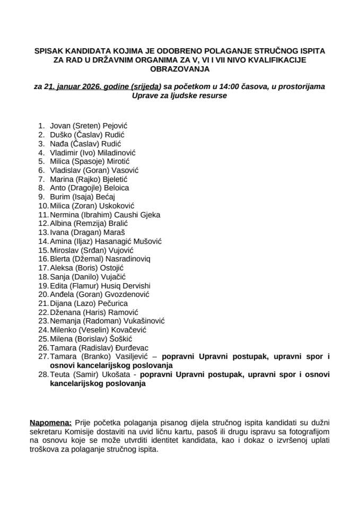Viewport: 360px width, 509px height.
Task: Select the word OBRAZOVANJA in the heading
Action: pyautogui.click(x=180, y=69)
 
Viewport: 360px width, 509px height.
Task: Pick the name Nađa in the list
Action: pyautogui.click(x=59, y=143)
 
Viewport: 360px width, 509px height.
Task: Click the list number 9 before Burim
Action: pyautogui.click(x=41, y=197)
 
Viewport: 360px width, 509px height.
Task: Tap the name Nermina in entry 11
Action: pyautogui.click(x=65, y=215)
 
